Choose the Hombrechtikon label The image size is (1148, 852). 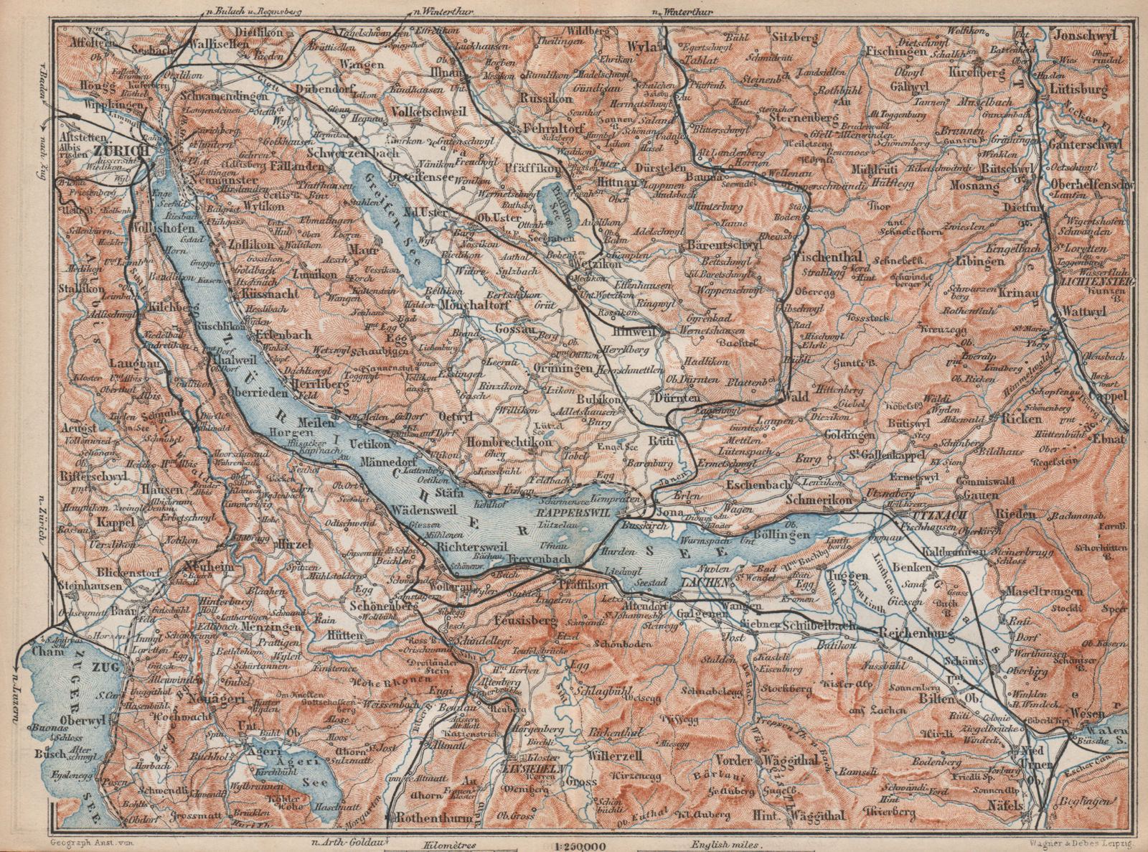[x=510, y=443]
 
